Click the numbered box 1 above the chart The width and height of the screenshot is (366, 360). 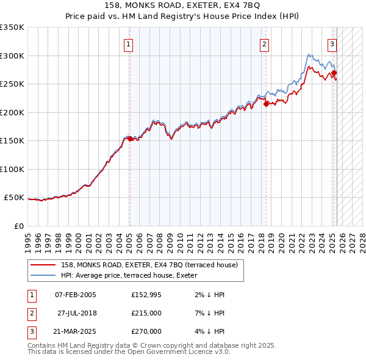[x=129, y=44]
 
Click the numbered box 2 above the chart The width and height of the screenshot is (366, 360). [x=265, y=44]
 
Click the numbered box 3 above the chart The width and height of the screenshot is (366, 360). [x=332, y=44]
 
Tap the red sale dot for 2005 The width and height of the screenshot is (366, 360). [x=130, y=139]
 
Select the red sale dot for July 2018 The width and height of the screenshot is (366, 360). [x=266, y=104]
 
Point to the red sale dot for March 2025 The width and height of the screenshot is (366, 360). [x=334, y=73]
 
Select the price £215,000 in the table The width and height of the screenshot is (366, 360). [x=146, y=313]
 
